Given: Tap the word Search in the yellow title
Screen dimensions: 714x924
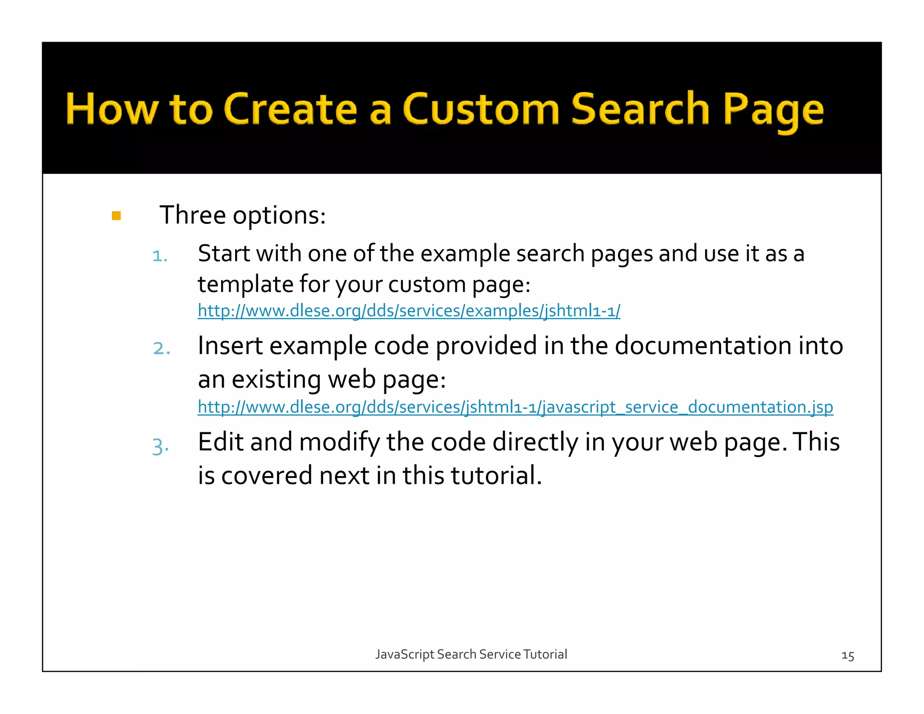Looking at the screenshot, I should pos(641,109).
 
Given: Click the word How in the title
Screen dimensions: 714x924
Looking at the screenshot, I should pos(112,109).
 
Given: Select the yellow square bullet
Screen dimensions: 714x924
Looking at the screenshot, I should pos(116,216).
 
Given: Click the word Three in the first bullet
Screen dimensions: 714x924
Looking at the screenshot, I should pos(192,215).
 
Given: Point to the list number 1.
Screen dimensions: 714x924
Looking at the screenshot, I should pos(160,256).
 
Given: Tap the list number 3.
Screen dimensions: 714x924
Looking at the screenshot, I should pos(161,446).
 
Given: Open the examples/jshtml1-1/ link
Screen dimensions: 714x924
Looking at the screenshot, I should pos(409,311).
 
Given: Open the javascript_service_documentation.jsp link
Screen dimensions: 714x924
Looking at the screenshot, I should pos(515,407).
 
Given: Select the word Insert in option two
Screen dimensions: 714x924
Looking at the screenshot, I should pos(230,346).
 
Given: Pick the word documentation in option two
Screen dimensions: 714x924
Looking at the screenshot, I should pos(703,346).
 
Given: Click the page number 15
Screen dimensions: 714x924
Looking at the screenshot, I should pos(848,656).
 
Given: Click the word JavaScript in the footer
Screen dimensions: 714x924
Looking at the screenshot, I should pos(405,654).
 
